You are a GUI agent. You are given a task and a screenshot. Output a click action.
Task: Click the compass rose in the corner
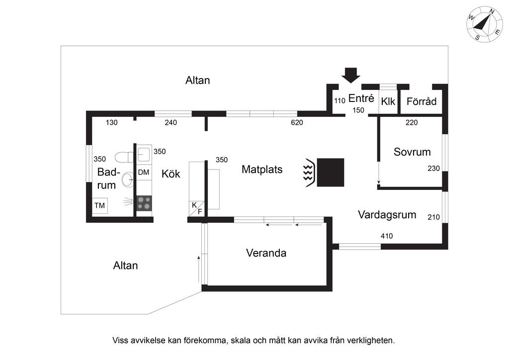485,24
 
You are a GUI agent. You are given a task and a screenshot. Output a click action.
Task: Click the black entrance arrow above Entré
350,75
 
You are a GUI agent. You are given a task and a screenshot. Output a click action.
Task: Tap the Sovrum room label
412,152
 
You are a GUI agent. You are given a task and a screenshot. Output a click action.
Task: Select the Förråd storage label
422,101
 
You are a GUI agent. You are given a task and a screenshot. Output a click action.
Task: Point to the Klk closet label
388,101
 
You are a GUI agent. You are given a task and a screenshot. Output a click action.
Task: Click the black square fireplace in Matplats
331,173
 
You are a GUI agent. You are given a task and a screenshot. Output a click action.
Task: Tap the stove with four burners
144,203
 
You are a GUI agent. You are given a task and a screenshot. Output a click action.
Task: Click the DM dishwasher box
144,172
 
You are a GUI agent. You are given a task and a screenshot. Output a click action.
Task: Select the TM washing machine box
99,205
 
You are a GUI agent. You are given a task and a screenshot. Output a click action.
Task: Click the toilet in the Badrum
124,157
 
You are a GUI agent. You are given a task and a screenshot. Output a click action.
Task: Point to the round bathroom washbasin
127,179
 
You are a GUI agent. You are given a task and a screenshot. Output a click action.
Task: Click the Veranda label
266,253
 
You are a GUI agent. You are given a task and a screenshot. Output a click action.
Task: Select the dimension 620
297,122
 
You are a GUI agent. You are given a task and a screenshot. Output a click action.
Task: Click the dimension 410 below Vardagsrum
387,236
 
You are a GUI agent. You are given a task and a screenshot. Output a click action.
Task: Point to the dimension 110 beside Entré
339,100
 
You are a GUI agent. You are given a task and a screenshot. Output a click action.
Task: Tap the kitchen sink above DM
144,154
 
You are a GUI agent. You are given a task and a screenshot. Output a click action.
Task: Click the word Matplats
262,170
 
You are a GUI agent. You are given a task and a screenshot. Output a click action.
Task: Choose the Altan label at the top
198,80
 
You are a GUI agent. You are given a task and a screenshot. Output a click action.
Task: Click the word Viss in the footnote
120,341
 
